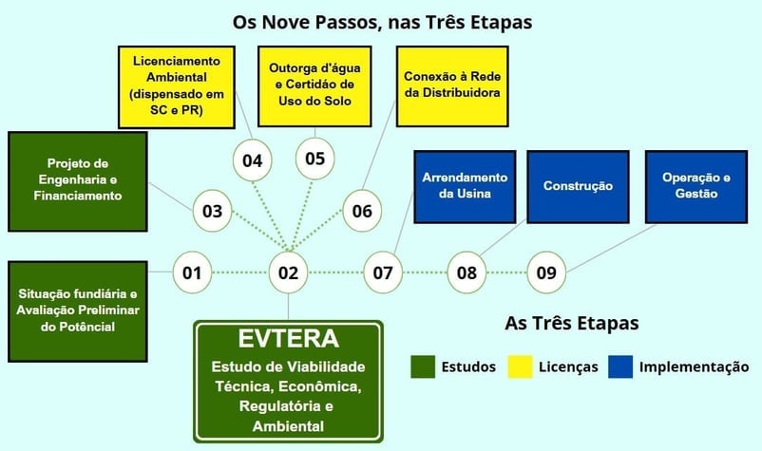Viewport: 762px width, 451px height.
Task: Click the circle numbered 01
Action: (193, 273)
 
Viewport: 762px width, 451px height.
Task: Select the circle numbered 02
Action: (288, 273)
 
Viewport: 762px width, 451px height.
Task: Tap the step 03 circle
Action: (213, 211)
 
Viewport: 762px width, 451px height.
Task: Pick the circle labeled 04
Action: (252, 160)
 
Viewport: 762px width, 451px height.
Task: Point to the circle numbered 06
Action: (362, 211)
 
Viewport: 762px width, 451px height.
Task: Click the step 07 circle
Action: (383, 273)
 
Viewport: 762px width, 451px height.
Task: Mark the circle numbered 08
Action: (467, 273)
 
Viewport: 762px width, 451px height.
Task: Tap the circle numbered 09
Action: (546, 273)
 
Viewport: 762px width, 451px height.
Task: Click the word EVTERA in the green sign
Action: (288, 340)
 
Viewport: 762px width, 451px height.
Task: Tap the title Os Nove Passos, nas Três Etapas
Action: (382, 20)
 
